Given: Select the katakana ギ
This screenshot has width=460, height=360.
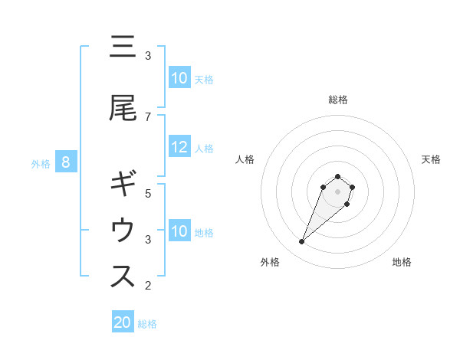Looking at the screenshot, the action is (123, 185).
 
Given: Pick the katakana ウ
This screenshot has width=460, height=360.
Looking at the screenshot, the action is (123, 230).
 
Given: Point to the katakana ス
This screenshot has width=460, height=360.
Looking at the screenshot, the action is (123, 277).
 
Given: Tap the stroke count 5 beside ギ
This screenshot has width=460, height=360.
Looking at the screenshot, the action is (148, 194).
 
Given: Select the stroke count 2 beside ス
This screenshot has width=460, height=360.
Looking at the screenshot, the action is (148, 286).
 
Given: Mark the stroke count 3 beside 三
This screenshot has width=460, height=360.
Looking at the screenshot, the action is (148, 55).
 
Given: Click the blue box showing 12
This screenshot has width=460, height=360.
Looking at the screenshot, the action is (179, 147).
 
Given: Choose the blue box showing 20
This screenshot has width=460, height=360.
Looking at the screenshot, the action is (123, 322).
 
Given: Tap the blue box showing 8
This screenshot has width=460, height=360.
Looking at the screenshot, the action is (66, 162).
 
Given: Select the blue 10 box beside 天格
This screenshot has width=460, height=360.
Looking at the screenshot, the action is (179, 78).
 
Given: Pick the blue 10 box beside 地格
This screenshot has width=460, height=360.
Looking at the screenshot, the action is (179, 231).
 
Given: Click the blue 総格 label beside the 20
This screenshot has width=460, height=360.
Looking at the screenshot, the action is (147, 323).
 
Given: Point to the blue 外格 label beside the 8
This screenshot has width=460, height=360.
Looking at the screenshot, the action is (40, 163).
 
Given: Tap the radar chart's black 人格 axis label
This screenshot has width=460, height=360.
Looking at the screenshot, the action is (245, 159).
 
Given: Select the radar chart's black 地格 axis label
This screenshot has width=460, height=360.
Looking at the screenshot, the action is (402, 262).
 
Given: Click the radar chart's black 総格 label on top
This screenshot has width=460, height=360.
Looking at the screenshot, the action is (338, 100).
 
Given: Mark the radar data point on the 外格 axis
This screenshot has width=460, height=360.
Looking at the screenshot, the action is (302, 242).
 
